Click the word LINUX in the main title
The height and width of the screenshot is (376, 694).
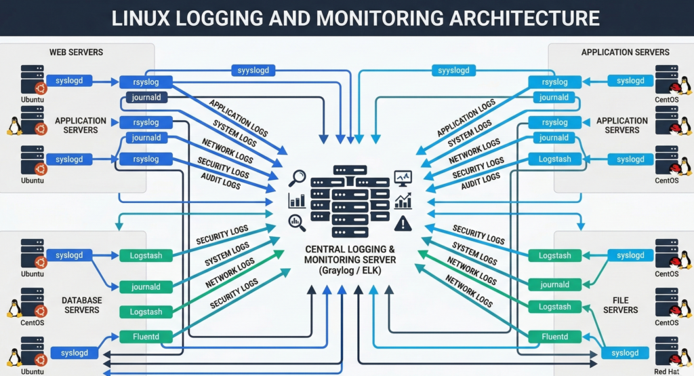tap(141, 18)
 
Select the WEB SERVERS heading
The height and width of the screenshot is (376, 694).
tap(75, 52)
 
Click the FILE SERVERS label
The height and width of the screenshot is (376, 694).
tap(620, 305)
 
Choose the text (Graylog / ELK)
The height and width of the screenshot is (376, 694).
tap(350, 271)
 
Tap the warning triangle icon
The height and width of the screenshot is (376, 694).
tap(403, 222)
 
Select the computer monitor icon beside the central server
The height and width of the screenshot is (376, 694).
tap(403, 178)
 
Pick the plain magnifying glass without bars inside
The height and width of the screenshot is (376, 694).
tap(297, 178)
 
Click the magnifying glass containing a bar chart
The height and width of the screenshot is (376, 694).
tap(296, 221)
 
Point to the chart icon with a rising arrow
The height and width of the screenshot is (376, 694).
tap(403, 200)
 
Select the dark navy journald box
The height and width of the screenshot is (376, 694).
tap(146, 98)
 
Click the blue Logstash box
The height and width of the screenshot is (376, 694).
tap(554, 159)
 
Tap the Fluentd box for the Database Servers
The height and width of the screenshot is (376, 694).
tap(146, 336)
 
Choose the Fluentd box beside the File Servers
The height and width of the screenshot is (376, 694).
tap(554, 336)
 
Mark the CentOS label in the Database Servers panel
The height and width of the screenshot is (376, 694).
tap(32, 322)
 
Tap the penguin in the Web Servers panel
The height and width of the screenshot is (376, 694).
tap(14, 126)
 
